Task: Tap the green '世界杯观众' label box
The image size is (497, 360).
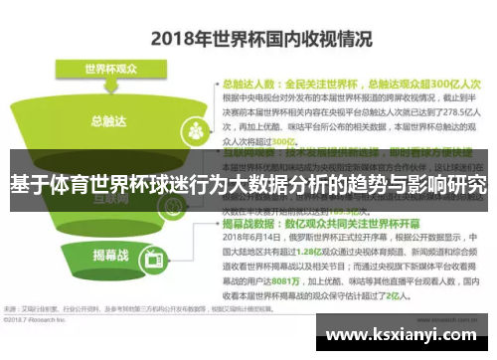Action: point(110,70)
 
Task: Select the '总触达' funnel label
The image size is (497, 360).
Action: point(106,121)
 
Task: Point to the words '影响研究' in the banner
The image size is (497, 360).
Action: point(446,185)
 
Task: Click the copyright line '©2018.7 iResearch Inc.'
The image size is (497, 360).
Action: point(40,320)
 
